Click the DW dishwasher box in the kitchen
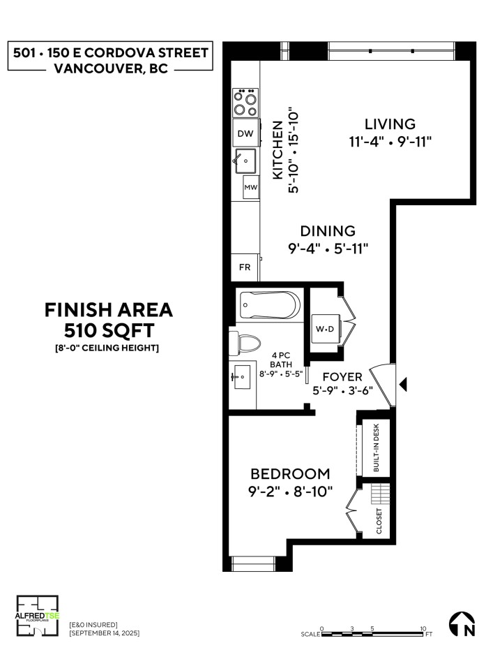pos(245,133)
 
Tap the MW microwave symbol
pos(250,187)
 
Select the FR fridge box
pos(245,267)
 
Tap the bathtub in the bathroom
pos(269,305)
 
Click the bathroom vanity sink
pos(242,377)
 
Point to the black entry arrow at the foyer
pos(402,383)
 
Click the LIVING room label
pos(390,124)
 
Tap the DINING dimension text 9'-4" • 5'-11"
pos(328,248)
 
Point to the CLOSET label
pos(379,520)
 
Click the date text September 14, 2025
pos(105,633)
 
